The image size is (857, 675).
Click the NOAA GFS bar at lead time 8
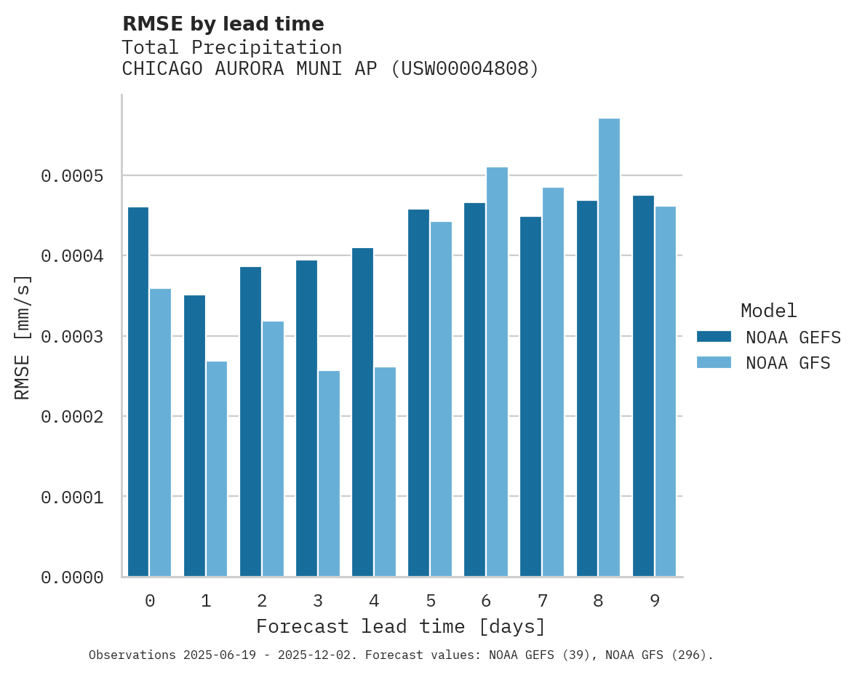click(609, 347)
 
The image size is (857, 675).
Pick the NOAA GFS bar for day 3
click(329, 474)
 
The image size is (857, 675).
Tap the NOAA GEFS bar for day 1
click(194, 436)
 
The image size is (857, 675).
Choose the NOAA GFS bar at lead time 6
click(497, 372)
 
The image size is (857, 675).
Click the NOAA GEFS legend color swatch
click(714, 337)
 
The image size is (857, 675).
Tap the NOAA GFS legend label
click(788, 363)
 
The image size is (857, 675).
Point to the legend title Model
click(768, 311)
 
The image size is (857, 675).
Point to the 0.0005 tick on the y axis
click(73, 176)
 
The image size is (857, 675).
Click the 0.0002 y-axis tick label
click(73, 417)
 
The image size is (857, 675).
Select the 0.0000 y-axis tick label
click(73, 578)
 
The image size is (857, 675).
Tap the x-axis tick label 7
click(542, 601)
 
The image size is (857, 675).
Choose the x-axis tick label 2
click(262, 601)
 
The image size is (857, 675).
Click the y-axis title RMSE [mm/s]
click(23, 337)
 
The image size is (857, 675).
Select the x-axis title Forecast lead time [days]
click(401, 626)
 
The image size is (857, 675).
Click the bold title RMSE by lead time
click(223, 24)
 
